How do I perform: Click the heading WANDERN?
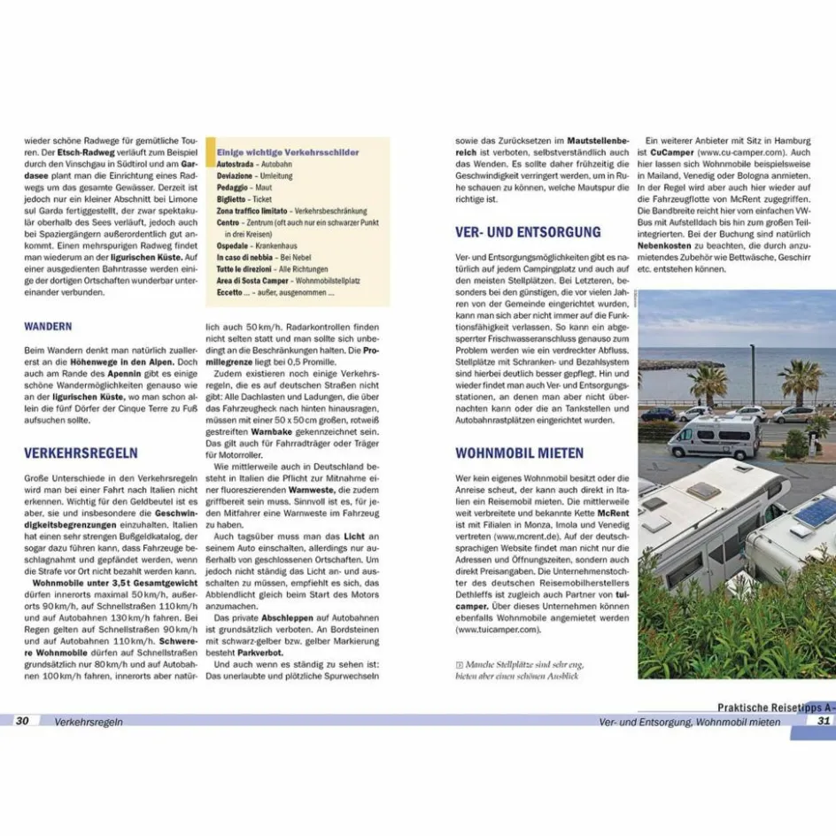click(x=49, y=327)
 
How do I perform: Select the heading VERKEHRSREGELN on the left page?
click(x=81, y=453)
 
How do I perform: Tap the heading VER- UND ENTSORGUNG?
click(x=528, y=233)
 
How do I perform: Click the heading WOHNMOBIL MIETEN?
click(x=519, y=453)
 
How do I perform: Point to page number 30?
click(x=22, y=721)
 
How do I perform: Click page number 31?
click(x=824, y=721)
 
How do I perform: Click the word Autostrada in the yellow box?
click(x=236, y=165)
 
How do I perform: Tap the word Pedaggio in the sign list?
click(x=233, y=188)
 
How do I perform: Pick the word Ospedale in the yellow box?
click(x=233, y=245)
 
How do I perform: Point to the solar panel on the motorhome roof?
click(x=814, y=511)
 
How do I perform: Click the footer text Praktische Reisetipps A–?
click(x=775, y=708)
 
